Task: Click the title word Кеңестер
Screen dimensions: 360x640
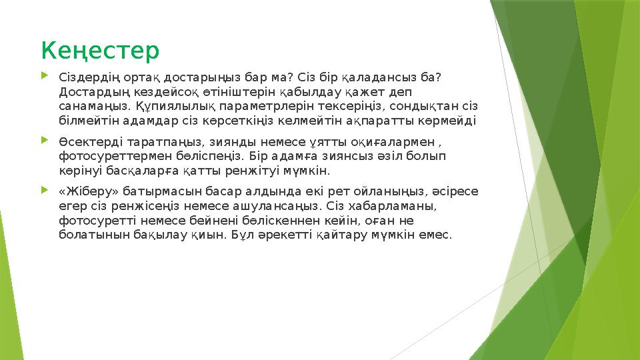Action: point(100,49)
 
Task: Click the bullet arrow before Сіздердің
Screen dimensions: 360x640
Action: point(45,77)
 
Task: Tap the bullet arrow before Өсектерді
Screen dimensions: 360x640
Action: point(45,141)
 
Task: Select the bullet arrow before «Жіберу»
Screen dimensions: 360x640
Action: point(45,190)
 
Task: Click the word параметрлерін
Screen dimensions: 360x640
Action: point(251,106)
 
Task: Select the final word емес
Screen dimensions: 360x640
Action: point(436,235)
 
